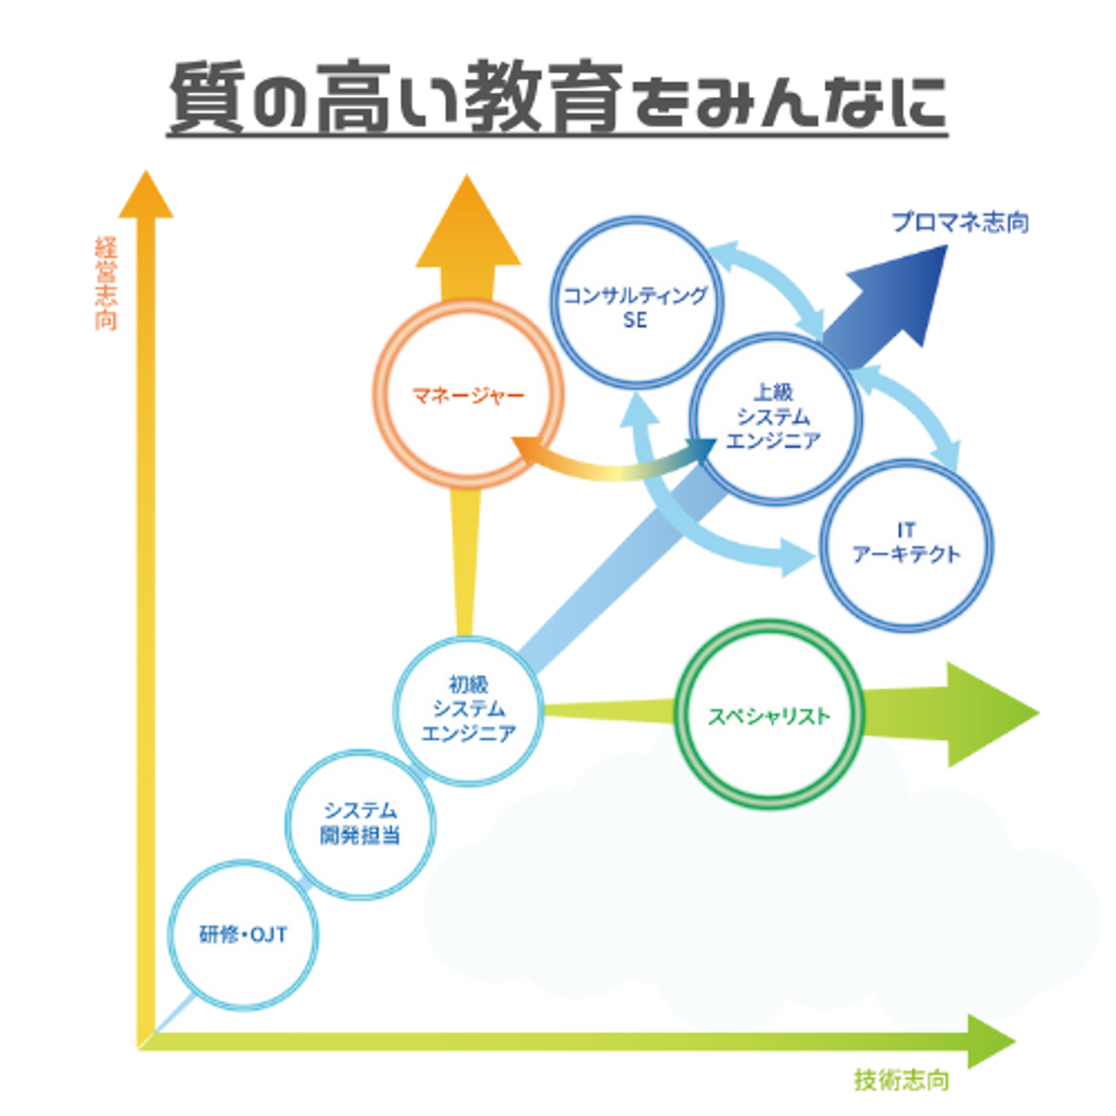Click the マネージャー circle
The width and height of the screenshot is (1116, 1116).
(468, 395)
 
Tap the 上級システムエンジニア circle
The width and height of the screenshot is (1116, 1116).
(775, 418)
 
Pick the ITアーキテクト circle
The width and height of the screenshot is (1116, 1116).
(905, 544)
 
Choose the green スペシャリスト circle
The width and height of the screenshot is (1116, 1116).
(770, 715)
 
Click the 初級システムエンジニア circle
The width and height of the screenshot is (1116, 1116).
(468, 710)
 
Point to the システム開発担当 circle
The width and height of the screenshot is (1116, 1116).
(360, 823)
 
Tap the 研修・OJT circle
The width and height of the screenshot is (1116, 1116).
(243, 935)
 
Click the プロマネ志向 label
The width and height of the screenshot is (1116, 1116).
(959, 223)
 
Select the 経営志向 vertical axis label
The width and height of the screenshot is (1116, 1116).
(106, 284)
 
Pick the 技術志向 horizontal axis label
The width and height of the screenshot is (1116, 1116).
(901, 1080)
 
